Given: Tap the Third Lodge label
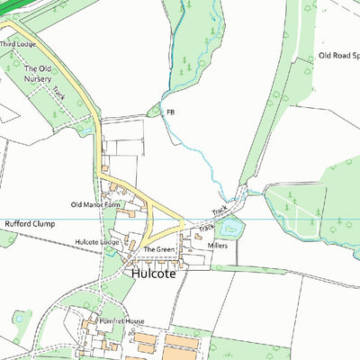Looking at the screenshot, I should [x=17, y=43].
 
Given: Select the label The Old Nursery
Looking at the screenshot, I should [x=38, y=74].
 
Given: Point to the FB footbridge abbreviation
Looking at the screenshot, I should [x=170, y=111].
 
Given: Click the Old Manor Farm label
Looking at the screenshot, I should [x=96, y=205].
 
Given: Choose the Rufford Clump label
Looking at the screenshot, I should [x=31, y=222].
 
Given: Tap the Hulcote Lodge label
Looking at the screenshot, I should [x=97, y=242].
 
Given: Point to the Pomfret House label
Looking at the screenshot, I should [x=121, y=321].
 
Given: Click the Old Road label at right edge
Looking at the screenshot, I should [x=338, y=56].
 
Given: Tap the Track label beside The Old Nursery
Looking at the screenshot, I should [x=59, y=92].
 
